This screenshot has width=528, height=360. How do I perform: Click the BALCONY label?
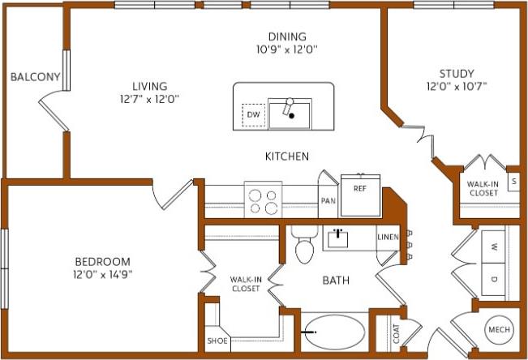point(36,77)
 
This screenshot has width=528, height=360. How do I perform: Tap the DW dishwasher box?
point(254,115)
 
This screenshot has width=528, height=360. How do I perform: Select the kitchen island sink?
point(290,114)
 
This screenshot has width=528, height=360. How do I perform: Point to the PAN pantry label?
point(328,201)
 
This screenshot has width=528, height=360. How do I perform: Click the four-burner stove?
point(264,200)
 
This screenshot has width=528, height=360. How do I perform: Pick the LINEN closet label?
point(388,237)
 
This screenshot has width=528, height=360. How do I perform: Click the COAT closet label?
point(397,334)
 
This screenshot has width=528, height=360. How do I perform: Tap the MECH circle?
point(498,331)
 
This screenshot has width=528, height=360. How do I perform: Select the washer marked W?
point(492,246)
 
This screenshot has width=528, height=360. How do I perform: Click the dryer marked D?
point(492,281)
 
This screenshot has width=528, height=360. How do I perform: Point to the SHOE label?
point(217,341)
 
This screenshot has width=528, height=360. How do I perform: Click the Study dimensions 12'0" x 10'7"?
point(457,86)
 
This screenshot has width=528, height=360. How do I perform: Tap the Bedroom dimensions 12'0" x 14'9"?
point(102,274)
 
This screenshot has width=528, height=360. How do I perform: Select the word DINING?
point(287,36)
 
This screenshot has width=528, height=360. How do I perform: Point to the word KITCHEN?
point(286,156)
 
